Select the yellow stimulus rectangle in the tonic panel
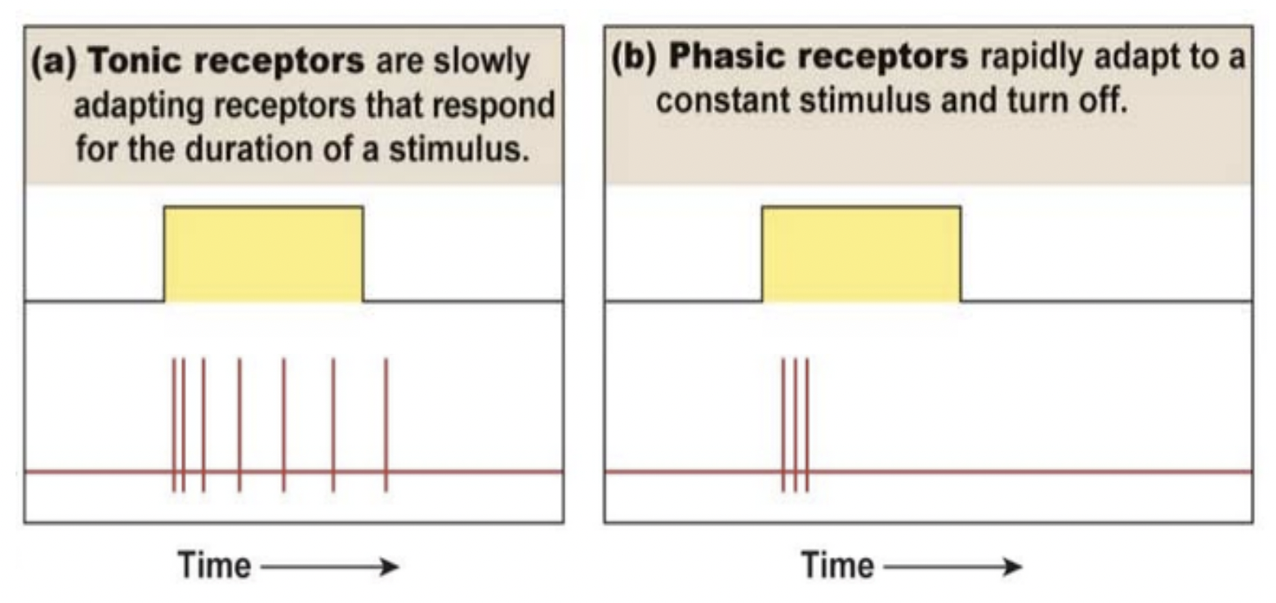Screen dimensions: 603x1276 click(x=263, y=253)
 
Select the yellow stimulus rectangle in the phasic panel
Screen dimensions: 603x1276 click(x=861, y=253)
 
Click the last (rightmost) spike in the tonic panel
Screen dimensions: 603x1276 click(x=386, y=425)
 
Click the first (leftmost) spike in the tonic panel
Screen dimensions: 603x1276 click(x=174, y=425)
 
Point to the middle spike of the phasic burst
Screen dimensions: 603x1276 click(x=795, y=425)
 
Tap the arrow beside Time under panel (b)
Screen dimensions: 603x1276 click(x=953, y=566)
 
